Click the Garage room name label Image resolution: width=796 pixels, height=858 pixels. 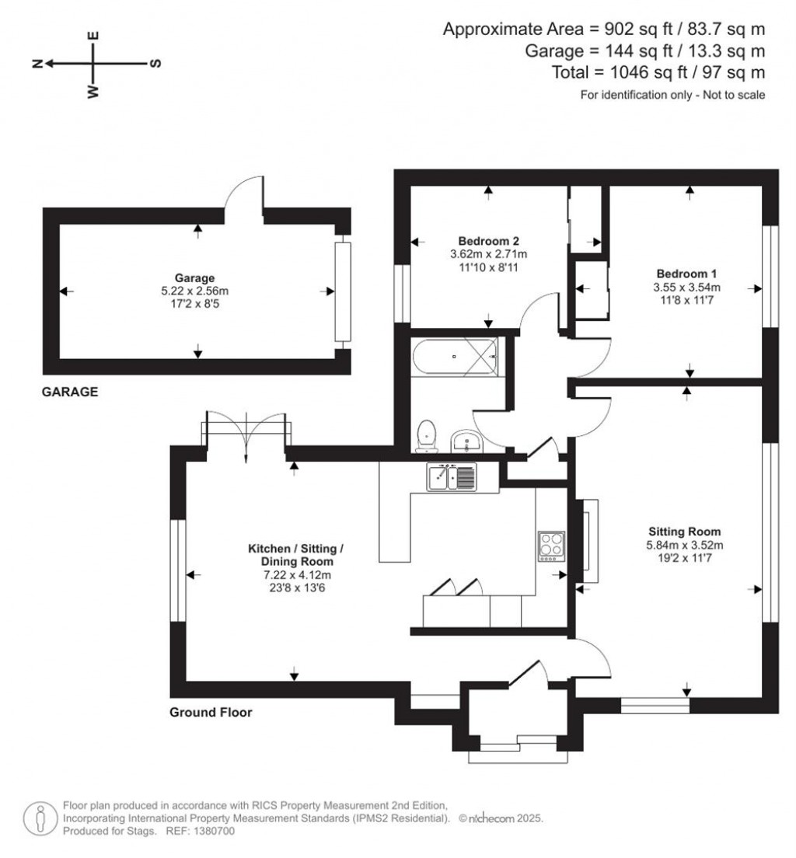click(x=194, y=277)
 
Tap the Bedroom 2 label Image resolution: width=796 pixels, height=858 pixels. click(x=488, y=239)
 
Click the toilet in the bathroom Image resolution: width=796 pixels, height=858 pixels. click(x=427, y=436)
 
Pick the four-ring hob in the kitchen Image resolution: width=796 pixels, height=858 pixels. click(x=551, y=546)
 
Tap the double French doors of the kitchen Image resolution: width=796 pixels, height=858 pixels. click(x=246, y=437)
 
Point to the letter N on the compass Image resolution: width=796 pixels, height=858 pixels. click(x=36, y=64)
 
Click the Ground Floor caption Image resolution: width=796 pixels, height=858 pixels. click(x=211, y=712)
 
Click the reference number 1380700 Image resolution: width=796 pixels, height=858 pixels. click(x=211, y=831)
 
